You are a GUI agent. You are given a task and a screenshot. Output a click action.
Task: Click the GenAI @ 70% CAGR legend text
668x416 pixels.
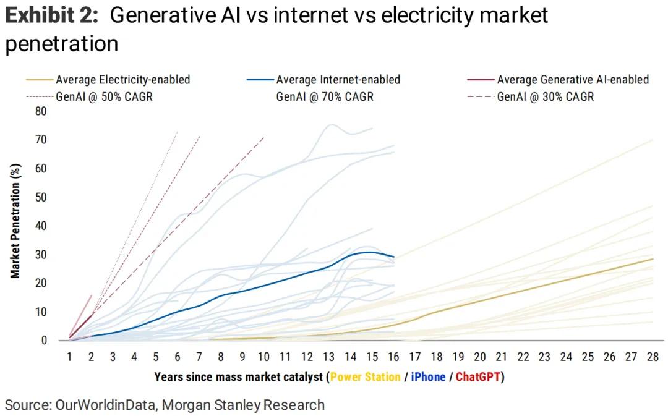click(x=325, y=96)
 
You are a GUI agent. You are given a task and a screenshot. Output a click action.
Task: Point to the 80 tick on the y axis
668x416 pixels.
click(x=41, y=111)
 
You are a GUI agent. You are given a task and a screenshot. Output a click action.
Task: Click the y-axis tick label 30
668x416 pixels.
click(x=41, y=255)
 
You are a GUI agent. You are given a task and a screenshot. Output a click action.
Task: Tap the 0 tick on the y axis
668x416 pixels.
click(x=44, y=341)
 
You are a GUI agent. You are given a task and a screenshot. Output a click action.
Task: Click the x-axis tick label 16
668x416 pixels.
click(x=393, y=357)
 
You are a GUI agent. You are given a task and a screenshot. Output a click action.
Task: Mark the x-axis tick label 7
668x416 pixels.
click(x=199, y=357)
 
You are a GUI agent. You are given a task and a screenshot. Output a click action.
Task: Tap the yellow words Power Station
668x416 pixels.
click(x=366, y=376)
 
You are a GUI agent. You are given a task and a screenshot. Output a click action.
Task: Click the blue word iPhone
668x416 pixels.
click(x=428, y=376)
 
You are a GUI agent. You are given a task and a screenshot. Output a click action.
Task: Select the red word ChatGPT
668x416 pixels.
click(x=477, y=376)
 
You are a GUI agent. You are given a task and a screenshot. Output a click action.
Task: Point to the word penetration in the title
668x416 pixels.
click(x=62, y=43)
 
